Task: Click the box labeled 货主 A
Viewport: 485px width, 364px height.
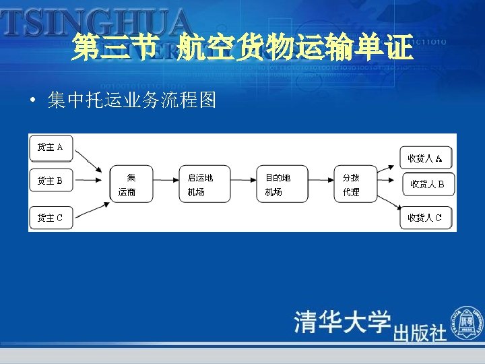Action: click(x=51, y=148)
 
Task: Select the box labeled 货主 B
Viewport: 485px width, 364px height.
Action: click(x=51, y=181)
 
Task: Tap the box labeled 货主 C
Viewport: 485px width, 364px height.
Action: click(x=51, y=218)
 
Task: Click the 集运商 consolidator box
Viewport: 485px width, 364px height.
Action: click(x=131, y=183)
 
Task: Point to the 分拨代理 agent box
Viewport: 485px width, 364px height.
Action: click(x=354, y=183)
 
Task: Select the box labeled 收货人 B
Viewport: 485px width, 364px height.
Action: click(x=428, y=184)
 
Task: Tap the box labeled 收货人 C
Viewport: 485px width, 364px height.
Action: click(x=426, y=218)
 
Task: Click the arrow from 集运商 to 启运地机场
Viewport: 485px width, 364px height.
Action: click(x=166, y=183)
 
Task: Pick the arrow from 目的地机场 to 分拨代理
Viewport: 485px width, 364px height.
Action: click(x=321, y=183)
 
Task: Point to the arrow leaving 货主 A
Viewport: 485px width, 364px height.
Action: click(x=88, y=162)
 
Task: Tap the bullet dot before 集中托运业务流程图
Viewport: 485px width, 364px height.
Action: click(x=32, y=102)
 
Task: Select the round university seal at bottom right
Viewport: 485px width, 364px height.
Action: click(x=467, y=321)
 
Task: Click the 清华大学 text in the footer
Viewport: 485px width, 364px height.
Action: click(x=342, y=322)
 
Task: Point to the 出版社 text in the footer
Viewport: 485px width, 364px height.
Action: click(x=420, y=332)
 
